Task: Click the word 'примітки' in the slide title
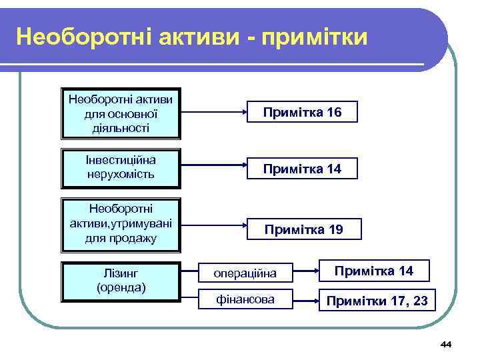point(315,37)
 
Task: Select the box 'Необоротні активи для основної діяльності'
point(121,113)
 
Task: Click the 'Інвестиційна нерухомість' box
point(121,168)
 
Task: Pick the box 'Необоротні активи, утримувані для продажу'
point(121,224)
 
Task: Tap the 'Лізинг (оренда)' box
point(121,281)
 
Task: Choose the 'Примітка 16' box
point(302,113)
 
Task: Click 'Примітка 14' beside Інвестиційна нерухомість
point(302,169)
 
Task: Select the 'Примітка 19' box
point(303,230)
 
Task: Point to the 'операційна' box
point(245,272)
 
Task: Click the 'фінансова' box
point(245,300)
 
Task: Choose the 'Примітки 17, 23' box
point(377,301)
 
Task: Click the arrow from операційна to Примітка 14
point(305,272)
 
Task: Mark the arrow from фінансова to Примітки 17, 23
point(305,300)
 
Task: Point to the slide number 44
point(446,344)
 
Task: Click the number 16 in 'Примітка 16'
point(334,113)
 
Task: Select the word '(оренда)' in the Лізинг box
point(121,288)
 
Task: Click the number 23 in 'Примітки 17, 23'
point(420,301)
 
